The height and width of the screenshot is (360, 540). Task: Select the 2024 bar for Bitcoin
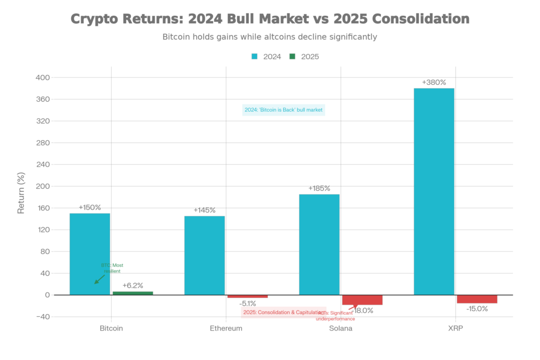click(x=90, y=254)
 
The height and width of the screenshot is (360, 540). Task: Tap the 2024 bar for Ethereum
click(x=204, y=255)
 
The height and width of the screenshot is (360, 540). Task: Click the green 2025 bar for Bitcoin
click(x=133, y=293)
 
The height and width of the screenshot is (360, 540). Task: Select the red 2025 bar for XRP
click(x=477, y=299)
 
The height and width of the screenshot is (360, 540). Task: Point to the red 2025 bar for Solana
click(x=362, y=300)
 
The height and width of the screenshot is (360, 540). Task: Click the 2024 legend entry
click(x=266, y=56)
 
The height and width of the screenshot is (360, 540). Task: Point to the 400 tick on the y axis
click(x=42, y=77)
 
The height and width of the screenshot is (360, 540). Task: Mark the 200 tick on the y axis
click(x=42, y=186)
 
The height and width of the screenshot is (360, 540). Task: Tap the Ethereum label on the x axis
click(x=226, y=328)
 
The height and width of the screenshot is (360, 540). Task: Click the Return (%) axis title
click(x=21, y=192)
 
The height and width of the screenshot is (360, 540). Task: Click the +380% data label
click(x=433, y=82)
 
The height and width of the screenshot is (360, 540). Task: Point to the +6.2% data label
click(x=132, y=285)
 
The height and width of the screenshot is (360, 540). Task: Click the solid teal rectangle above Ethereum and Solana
click(x=284, y=110)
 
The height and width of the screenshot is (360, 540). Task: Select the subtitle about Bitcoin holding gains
click(x=269, y=37)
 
